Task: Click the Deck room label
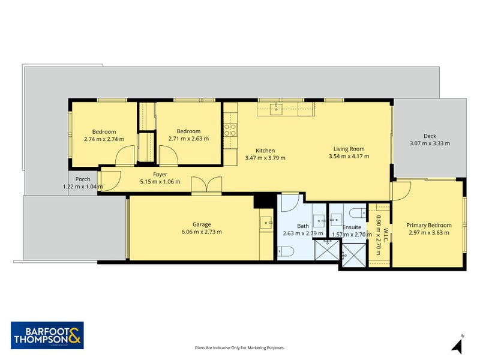click(x=430, y=136)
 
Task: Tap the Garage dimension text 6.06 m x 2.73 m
click(x=202, y=232)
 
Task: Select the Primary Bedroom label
click(x=429, y=226)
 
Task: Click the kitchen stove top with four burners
click(x=230, y=130)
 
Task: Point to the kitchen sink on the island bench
click(x=276, y=109)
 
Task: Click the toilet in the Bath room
click(x=286, y=251)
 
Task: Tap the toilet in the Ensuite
click(x=357, y=213)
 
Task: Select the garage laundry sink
click(x=266, y=223)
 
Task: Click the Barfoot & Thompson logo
click(x=47, y=335)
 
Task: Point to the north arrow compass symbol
click(x=457, y=344)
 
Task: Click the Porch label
click(x=83, y=179)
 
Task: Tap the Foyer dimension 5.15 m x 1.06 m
click(x=160, y=182)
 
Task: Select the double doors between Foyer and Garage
click(x=206, y=185)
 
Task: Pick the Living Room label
click(x=349, y=149)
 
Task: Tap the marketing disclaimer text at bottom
click(x=240, y=348)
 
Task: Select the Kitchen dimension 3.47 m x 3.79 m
click(x=265, y=158)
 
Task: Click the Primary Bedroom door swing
click(x=401, y=191)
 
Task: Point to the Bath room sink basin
click(x=319, y=221)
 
